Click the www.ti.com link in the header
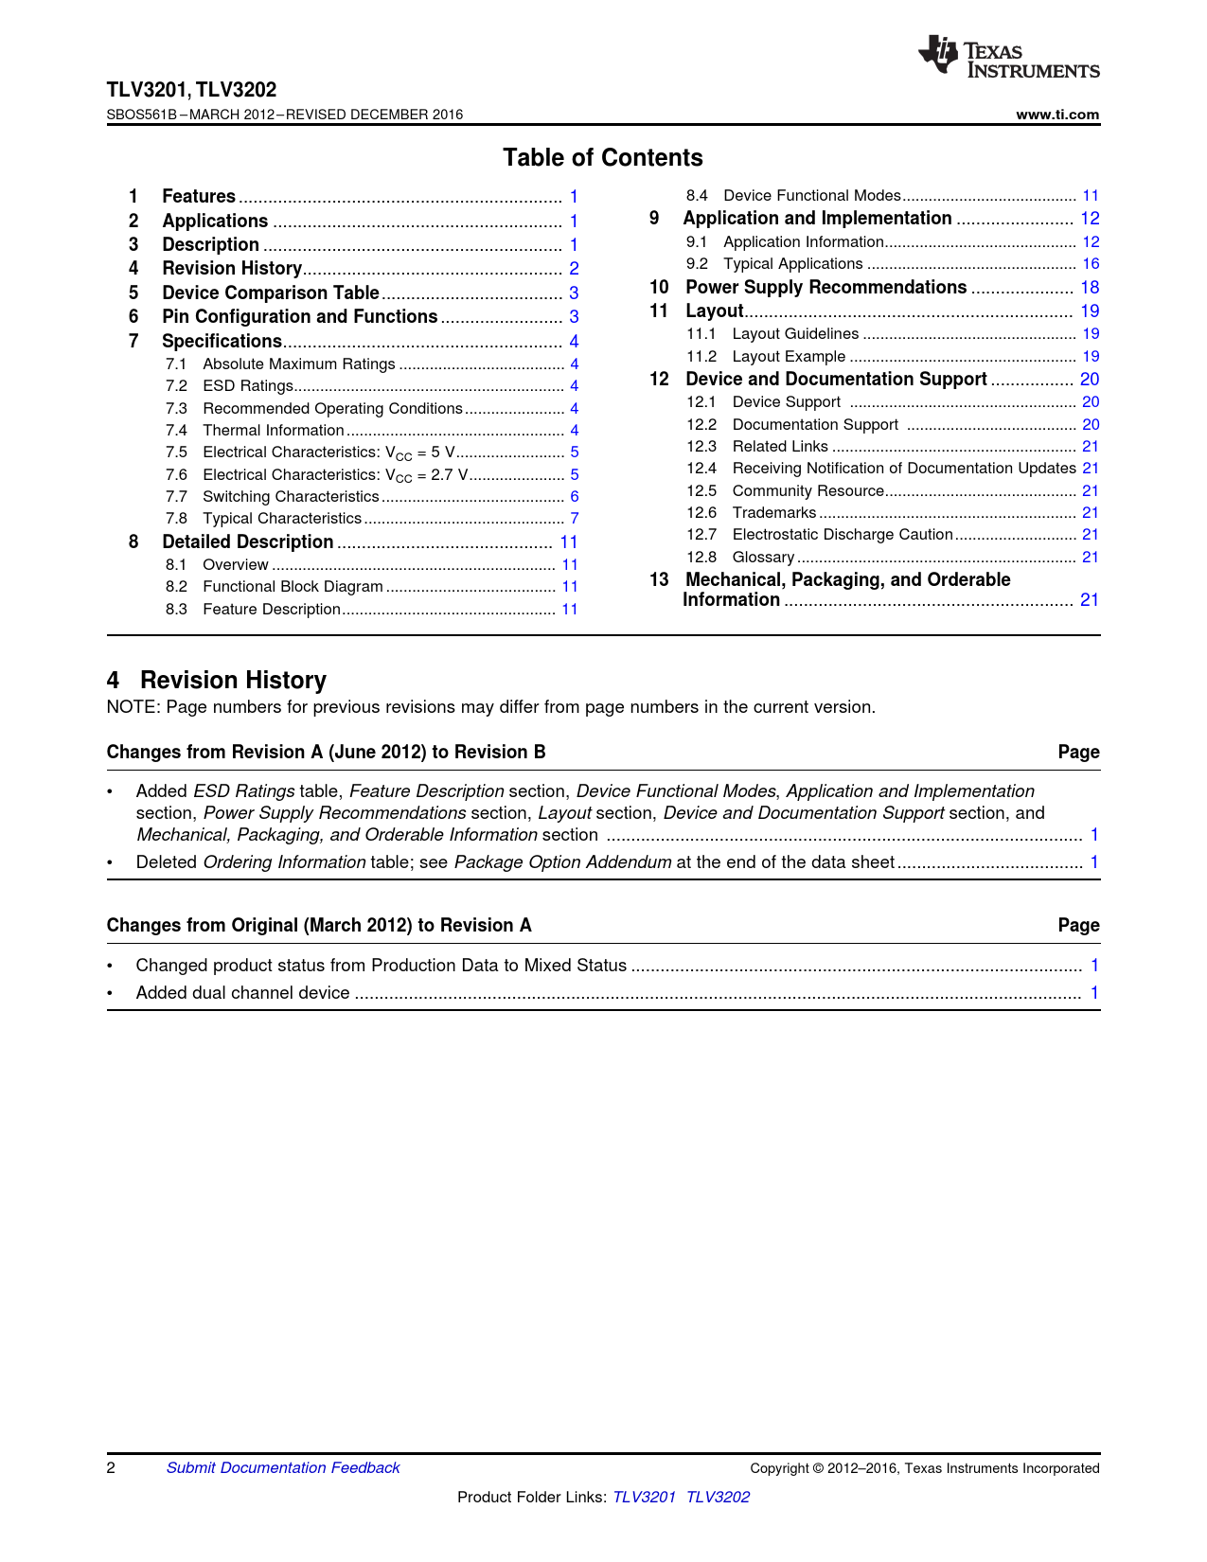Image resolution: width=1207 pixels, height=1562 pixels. coord(1057,115)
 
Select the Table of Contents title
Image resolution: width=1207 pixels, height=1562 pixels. coord(602,158)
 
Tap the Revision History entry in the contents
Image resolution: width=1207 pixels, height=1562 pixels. coord(232,269)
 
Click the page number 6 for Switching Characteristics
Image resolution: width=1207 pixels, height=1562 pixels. coord(574,497)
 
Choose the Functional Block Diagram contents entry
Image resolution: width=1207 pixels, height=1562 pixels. coord(293,587)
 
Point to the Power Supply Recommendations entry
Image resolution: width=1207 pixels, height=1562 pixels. coord(825,288)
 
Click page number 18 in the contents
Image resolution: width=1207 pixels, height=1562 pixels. coord(1090,288)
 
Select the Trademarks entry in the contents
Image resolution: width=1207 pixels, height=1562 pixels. coord(773,513)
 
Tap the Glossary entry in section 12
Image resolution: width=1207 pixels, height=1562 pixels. coord(763,558)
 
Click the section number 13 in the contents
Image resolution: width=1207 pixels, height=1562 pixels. coord(659,580)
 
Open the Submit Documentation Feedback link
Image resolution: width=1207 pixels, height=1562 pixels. coord(283,1468)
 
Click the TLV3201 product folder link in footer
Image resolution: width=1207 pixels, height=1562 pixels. coord(644,1498)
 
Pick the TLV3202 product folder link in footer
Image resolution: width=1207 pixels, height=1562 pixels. coord(718,1498)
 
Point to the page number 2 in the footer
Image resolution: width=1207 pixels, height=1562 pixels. coord(111,1468)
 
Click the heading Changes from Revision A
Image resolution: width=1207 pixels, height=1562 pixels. coord(326,753)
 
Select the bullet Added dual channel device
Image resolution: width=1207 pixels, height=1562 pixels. coord(242,993)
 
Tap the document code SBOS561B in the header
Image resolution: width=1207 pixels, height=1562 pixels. coord(141,115)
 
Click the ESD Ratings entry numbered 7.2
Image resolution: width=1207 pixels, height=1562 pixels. coord(248,386)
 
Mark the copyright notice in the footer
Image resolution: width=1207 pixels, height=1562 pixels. coord(924,1468)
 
